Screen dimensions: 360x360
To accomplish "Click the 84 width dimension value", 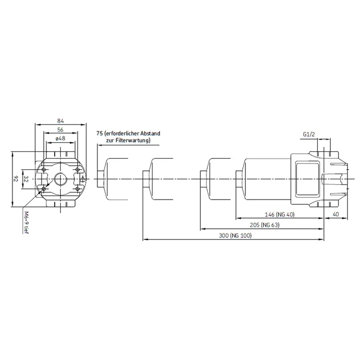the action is point(60,121).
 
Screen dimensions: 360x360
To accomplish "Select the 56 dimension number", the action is point(60,130).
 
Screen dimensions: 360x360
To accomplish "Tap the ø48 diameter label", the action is point(60,138).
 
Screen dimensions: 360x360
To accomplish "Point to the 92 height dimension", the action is point(16,179).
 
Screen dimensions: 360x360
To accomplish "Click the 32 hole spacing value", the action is point(26,179).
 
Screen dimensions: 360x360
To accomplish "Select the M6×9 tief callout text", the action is point(26,222).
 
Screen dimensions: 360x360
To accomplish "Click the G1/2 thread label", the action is point(309,134).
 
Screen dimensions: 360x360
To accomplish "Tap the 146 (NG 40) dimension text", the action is point(279,215).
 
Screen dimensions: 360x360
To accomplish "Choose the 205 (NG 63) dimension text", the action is point(265,225).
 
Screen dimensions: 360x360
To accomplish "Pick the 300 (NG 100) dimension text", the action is point(235,235).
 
